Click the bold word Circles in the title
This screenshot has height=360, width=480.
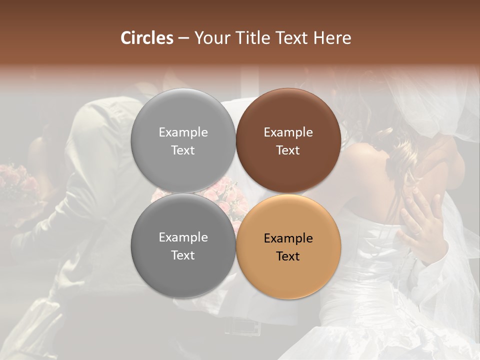pos(146,38)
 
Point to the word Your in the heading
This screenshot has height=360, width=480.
pos(211,38)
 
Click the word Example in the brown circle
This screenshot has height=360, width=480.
pos(288,132)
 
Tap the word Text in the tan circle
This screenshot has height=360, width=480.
pos(288,256)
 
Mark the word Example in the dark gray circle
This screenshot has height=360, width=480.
pos(183,237)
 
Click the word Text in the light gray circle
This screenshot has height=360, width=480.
pos(183,150)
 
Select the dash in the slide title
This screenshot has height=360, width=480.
pos(183,38)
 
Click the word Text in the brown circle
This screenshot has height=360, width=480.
pos(288,150)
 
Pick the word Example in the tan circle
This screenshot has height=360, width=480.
pos(288,238)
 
